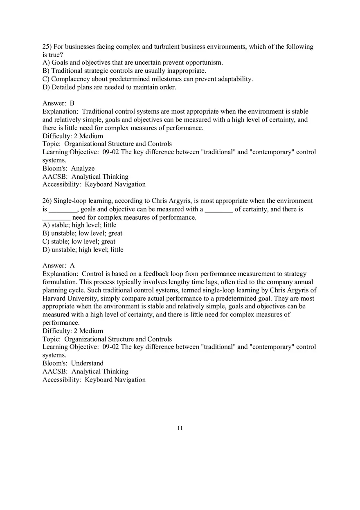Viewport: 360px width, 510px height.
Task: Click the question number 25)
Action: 47,47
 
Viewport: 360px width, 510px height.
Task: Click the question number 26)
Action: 47,201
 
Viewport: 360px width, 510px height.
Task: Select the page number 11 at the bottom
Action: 180,428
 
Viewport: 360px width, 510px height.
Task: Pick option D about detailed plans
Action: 109,87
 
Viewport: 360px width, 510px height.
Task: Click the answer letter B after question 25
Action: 72,103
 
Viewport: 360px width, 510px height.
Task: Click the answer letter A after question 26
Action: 72,266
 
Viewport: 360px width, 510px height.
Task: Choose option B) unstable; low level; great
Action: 82,234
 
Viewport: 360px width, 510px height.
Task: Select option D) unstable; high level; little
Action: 83,249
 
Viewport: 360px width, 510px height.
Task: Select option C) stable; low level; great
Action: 79,241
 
